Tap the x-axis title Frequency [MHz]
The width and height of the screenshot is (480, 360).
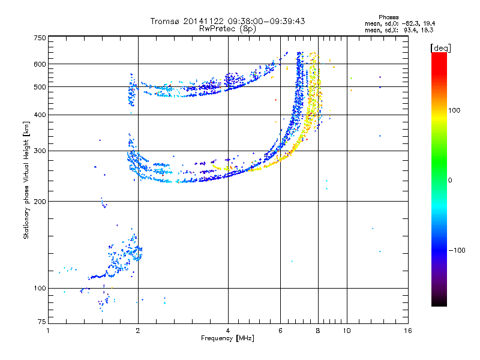point(227,339)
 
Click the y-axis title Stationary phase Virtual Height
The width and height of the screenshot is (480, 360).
point(26,181)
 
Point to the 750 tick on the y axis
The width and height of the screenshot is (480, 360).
point(39,37)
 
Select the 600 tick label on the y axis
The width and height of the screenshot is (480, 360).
point(39,64)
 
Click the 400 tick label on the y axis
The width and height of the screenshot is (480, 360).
point(39,115)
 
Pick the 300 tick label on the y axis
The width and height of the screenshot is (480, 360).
point(39,151)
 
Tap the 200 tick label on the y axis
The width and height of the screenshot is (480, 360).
point(39,201)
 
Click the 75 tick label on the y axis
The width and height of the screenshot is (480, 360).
point(41,323)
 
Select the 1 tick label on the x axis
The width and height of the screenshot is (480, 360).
point(48,331)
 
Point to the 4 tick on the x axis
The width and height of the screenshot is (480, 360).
point(228,331)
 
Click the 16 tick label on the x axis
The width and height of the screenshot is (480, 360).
point(407,331)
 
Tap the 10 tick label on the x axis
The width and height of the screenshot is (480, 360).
point(347,331)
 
